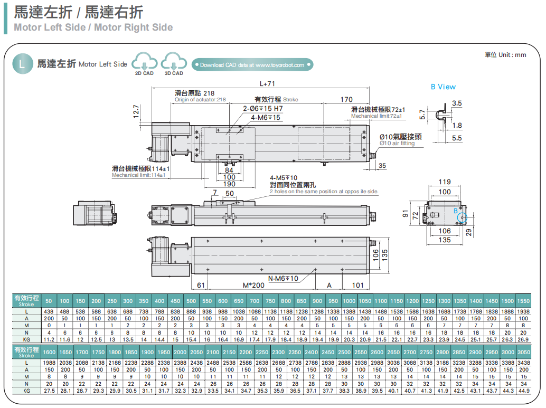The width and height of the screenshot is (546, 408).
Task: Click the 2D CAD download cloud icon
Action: click(x=144, y=62)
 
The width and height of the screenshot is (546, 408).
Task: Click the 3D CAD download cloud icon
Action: click(x=174, y=62)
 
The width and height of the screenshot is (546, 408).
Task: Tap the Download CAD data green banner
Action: click(x=252, y=65)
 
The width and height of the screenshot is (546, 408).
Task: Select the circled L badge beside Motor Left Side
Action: click(x=21, y=64)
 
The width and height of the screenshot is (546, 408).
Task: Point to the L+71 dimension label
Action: click(x=268, y=83)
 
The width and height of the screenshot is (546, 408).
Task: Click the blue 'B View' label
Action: click(x=443, y=87)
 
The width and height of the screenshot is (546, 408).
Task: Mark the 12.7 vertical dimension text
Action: click(x=136, y=111)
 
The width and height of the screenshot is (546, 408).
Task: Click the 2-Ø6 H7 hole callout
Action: click(x=263, y=108)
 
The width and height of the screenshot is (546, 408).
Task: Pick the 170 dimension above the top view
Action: click(x=346, y=99)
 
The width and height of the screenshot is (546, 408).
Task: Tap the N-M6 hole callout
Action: click(x=283, y=278)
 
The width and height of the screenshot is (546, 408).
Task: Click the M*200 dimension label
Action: click(x=253, y=285)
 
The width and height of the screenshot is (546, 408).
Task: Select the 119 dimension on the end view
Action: click(x=445, y=182)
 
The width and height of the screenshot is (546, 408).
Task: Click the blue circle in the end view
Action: click(x=462, y=217)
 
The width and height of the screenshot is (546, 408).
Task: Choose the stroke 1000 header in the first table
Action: click(x=349, y=300)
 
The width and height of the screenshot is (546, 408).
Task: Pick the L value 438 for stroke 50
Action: click(x=49, y=312)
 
